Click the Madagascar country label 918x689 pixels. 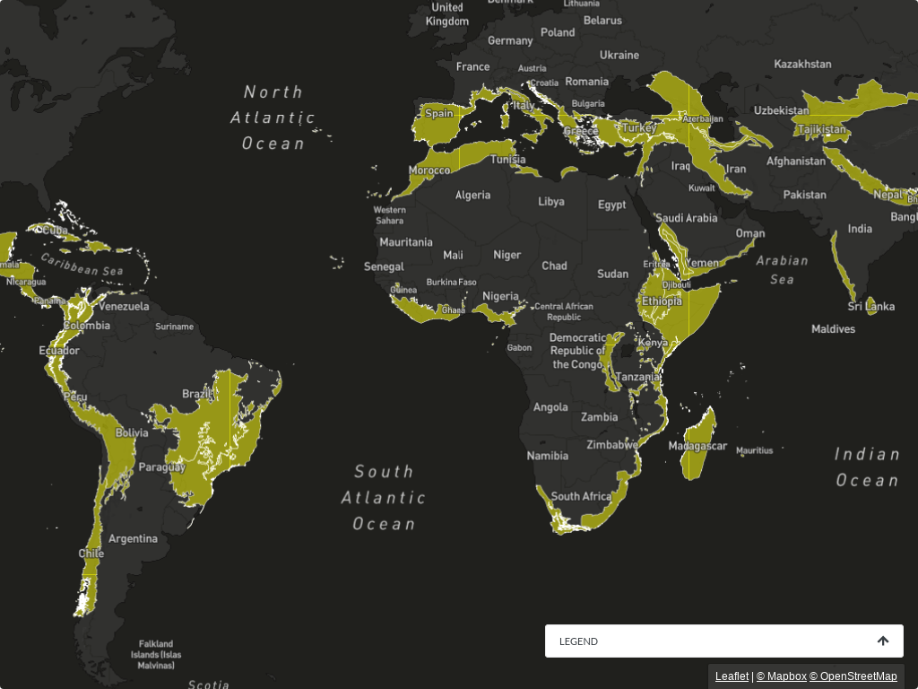697,446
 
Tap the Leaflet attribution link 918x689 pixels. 732,676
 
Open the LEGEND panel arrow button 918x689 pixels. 883,641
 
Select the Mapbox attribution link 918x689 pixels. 781,676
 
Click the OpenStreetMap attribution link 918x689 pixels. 853,676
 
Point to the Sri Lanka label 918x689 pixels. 870,307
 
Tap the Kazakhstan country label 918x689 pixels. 802,65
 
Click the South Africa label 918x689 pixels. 581,496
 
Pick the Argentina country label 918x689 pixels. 133,539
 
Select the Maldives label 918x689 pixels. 833,329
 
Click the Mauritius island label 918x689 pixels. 754,451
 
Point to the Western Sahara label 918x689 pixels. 389,215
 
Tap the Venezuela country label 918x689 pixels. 124,306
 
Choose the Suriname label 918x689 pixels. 174,327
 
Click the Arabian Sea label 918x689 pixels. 782,270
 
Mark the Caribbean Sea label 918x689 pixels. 82,265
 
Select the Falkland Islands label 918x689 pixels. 156,654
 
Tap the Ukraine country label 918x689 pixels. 619,55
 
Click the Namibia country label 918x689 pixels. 548,455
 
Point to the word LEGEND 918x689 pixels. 578,641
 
